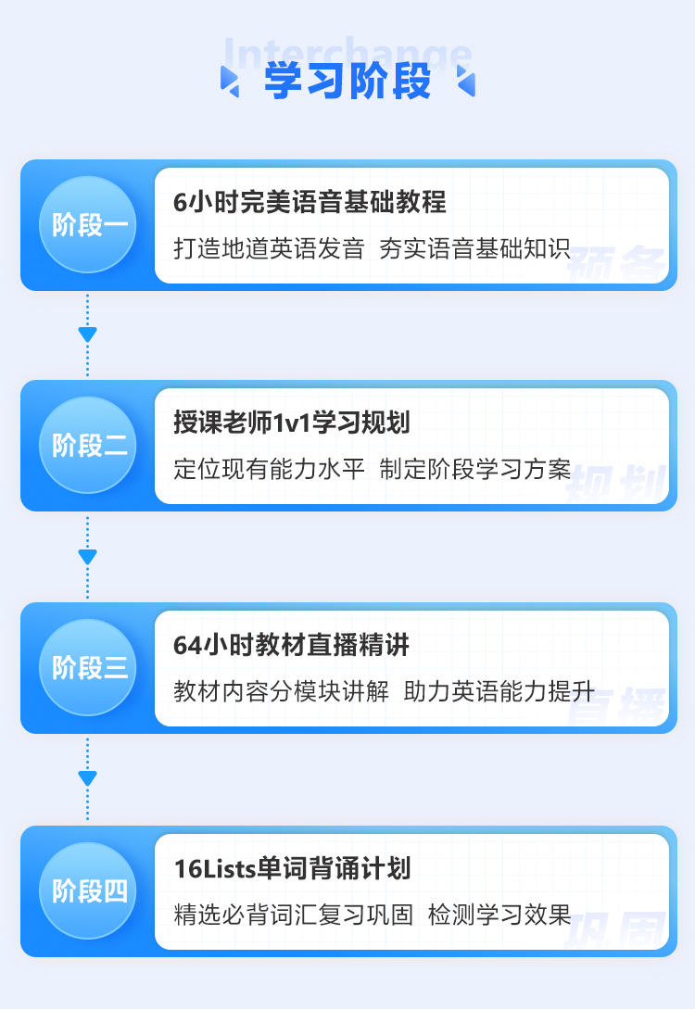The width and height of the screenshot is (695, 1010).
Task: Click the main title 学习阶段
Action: (x=347, y=82)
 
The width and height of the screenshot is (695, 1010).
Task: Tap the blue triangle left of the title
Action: (x=229, y=82)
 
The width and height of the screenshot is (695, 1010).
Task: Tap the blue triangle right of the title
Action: (x=466, y=82)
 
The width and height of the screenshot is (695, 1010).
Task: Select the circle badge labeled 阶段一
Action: (x=88, y=225)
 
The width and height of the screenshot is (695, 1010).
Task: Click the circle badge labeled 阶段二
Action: (x=88, y=445)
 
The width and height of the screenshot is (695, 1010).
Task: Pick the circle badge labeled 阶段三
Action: (x=88, y=667)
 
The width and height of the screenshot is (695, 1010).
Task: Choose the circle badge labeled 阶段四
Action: (x=88, y=890)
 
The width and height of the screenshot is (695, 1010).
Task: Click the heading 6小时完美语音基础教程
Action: (x=310, y=202)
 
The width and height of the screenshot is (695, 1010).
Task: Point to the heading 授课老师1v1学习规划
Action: (x=292, y=423)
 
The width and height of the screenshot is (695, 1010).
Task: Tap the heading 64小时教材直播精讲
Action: (x=291, y=645)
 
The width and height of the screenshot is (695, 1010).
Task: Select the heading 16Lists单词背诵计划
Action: (x=293, y=868)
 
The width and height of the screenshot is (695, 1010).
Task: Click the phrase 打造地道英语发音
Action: (x=270, y=248)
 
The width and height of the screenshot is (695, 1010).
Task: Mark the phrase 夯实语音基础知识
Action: (x=474, y=248)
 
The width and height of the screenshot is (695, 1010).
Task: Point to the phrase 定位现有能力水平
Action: (x=270, y=469)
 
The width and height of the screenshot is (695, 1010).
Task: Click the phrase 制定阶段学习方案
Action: (x=474, y=469)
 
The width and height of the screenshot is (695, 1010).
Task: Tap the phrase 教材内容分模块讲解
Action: (x=282, y=691)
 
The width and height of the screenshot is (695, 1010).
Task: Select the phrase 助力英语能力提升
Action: (x=499, y=691)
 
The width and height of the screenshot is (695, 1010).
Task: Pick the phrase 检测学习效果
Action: (x=499, y=915)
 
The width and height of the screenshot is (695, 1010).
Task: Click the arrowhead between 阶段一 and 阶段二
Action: (x=88, y=335)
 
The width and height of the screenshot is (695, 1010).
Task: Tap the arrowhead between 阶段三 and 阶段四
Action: (x=88, y=778)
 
